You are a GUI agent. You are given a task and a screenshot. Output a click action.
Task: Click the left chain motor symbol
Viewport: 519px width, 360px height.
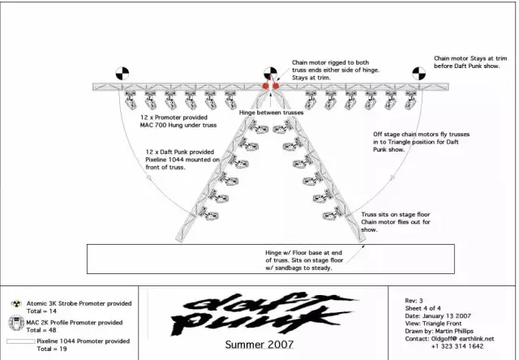pos(122,71)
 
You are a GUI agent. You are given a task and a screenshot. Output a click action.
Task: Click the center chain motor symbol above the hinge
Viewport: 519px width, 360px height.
pos(269,71)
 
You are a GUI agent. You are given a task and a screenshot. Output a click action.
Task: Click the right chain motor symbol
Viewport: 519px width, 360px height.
pos(418,71)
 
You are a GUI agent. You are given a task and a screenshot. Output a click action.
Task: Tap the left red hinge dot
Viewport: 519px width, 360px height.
pos(264,84)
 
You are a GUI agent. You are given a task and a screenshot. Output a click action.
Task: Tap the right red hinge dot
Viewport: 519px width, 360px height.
pos(276,84)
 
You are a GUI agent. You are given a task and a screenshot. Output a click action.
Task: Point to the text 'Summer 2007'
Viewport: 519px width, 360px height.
pos(247,345)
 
